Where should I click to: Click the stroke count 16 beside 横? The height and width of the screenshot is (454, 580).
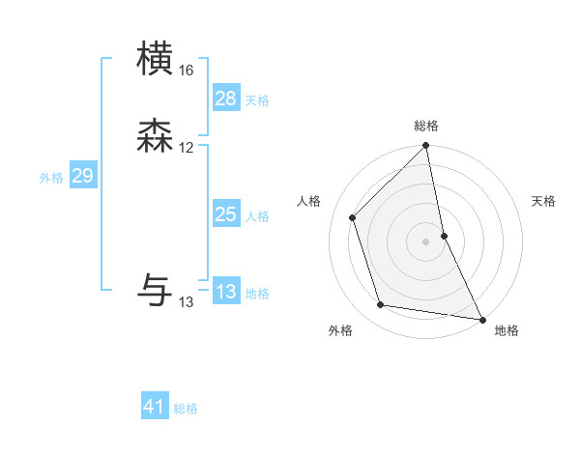187,71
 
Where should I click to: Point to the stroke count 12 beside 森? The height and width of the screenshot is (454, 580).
187,148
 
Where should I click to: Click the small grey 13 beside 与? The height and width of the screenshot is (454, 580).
187,302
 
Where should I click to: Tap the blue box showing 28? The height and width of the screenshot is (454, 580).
225,99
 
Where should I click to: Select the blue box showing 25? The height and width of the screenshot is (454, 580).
225,214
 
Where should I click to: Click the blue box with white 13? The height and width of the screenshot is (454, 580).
225,292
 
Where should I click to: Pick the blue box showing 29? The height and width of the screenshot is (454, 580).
82,176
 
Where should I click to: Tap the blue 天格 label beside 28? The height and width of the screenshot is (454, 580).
257,100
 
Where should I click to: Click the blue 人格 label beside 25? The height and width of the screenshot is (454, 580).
257,216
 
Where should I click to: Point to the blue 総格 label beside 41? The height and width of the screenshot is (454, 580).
186,409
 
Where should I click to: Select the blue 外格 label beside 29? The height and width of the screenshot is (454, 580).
51,178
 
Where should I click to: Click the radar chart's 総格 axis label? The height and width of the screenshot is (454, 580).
426,126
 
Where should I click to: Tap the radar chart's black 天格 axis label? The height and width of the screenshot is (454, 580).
544,201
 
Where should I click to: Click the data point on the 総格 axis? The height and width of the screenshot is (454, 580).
426,147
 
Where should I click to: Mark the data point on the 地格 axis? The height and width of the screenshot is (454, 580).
481,318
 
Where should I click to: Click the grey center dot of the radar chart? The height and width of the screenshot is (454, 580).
426,241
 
